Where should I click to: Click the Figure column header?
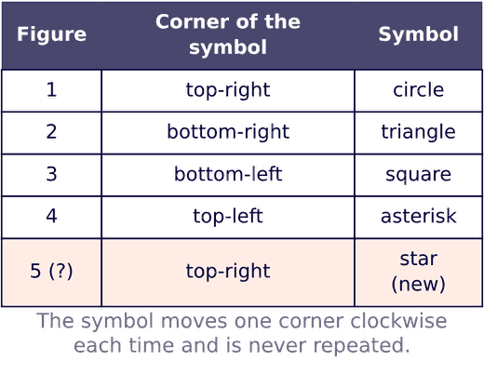click(51, 34)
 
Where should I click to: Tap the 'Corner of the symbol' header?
click(228, 34)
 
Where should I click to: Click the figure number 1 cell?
click(51, 89)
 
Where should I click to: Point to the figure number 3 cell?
click(51, 174)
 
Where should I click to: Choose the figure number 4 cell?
click(51, 216)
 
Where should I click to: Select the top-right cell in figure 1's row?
click(228, 90)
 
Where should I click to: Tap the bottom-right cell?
click(228, 132)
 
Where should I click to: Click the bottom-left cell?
click(228, 174)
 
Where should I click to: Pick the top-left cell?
click(228, 216)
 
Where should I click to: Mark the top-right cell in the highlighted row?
click(228, 272)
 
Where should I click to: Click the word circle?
click(418, 90)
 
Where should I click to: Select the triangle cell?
click(418, 132)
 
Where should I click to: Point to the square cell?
click(418, 175)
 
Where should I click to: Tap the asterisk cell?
click(418, 216)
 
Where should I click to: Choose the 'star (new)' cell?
click(418, 272)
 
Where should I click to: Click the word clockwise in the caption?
click(398, 321)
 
